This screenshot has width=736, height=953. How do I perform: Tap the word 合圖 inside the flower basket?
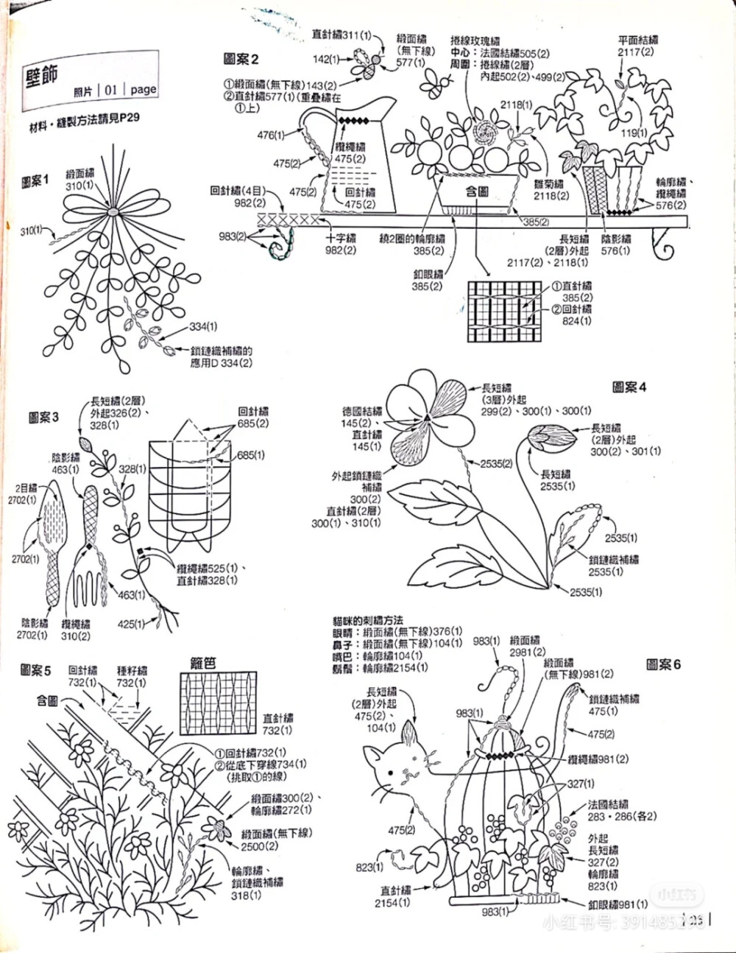coord(478,191)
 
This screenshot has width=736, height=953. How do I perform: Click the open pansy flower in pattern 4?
coord(427,412)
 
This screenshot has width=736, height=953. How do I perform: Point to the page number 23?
coord(696,919)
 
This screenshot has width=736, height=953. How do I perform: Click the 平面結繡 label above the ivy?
coord(637,41)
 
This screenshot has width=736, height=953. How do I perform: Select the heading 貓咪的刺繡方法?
coord(368,621)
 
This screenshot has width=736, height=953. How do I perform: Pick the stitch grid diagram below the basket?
coord(508,310)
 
